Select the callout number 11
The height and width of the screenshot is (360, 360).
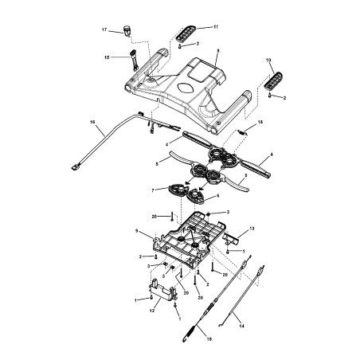pos(215,27)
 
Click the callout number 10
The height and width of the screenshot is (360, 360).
pos(268,60)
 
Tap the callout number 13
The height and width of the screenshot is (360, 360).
pos(252,228)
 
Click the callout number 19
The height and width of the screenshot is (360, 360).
pos(209,340)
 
